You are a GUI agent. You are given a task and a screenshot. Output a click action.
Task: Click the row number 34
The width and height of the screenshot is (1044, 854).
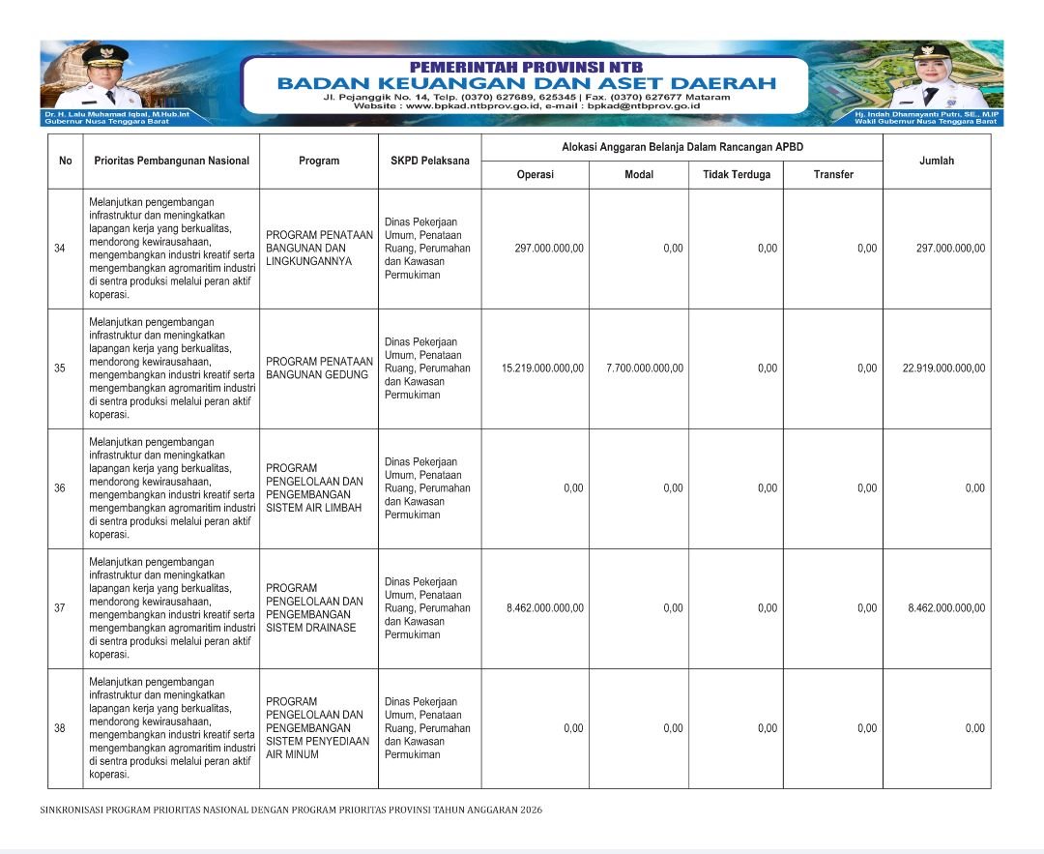[60, 249]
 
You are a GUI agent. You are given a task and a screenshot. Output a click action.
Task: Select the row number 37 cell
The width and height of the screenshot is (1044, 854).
[60, 608]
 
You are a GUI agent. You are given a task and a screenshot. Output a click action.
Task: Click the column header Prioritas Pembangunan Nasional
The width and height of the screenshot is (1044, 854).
[171, 161]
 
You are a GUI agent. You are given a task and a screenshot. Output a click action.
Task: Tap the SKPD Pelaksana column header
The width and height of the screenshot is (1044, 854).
[429, 161]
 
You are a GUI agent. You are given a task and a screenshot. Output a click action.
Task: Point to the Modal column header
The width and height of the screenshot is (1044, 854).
[639, 174]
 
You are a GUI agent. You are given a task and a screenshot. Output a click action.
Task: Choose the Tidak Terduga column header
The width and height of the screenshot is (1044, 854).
[736, 174]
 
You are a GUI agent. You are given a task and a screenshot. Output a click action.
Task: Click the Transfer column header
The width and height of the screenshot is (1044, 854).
[833, 174]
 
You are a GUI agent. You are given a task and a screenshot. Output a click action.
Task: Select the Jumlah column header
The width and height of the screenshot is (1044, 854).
[936, 161]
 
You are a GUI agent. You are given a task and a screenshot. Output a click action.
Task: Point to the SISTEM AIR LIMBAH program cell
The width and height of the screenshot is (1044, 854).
[314, 488]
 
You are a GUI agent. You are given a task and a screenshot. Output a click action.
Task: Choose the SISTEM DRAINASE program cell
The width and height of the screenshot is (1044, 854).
[314, 608]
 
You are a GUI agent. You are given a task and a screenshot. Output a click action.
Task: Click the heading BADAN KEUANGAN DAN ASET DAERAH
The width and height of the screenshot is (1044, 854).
[526, 83]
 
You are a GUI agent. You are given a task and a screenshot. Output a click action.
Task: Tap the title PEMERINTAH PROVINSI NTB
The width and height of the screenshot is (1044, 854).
[526, 67]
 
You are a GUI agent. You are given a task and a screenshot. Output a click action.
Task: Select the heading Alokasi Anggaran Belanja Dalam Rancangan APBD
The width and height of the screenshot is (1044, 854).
[682, 147]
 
